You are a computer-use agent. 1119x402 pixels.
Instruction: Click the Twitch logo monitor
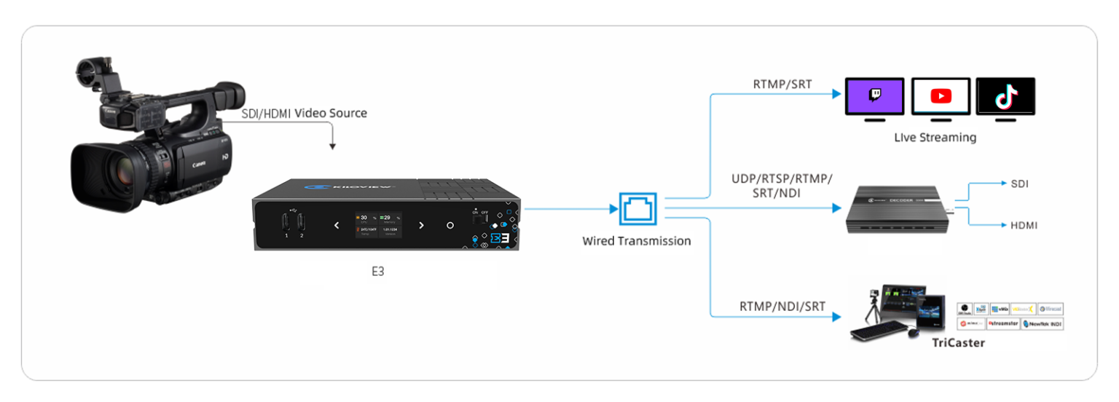874,96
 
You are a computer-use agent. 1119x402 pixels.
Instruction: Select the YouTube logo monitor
941,96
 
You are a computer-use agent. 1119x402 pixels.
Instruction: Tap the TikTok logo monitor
1005,96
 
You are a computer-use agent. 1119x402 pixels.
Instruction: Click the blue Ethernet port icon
637,209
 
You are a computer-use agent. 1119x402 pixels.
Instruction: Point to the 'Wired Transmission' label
636,241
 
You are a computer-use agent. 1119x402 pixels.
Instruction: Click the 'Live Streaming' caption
935,137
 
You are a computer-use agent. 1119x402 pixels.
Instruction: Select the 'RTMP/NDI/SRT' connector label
782,307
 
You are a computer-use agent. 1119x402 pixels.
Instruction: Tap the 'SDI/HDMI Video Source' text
305,114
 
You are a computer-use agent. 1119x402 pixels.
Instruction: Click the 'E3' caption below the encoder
377,272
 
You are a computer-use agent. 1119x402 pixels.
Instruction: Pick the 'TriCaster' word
958,342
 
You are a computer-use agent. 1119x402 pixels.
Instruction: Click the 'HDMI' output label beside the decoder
1023,226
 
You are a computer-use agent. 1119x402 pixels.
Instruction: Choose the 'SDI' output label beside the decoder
1019,184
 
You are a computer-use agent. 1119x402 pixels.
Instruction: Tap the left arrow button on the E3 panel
337,225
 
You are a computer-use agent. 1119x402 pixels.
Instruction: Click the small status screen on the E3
378,224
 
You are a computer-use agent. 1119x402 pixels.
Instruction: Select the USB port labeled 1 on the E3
286,223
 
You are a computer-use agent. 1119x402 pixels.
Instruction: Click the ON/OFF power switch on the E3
479,216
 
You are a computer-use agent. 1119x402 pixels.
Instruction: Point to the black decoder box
898,210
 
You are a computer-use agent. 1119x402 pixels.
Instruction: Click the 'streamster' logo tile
1002,323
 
